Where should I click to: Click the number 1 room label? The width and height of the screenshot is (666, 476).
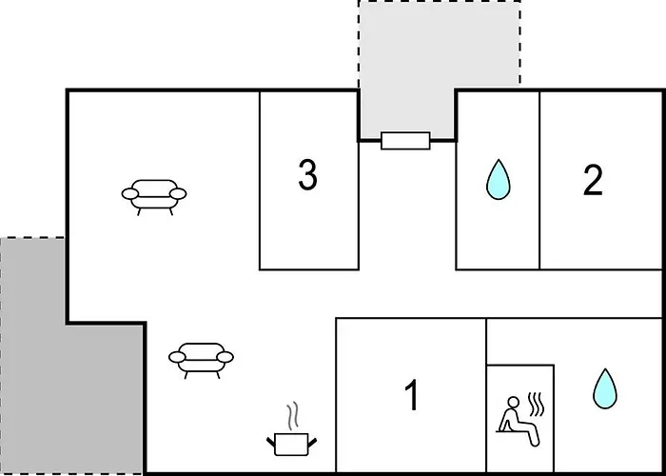click(x=412, y=396)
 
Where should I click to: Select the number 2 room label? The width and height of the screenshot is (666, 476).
click(x=593, y=180)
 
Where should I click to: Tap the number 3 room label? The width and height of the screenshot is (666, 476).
click(x=307, y=175)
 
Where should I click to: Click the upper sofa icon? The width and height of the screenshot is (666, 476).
click(x=154, y=194)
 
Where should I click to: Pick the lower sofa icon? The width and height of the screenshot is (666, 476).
click(x=201, y=357)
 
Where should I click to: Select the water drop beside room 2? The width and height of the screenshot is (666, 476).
click(x=497, y=180)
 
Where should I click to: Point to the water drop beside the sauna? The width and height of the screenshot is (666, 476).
click(x=603, y=388)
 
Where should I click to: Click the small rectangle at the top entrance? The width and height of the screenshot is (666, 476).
click(x=406, y=141)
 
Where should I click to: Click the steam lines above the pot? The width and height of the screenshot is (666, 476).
click(x=292, y=415)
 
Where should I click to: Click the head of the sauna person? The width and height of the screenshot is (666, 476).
click(x=512, y=401)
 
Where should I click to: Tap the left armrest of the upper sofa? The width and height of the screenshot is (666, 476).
click(x=129, y=194)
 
